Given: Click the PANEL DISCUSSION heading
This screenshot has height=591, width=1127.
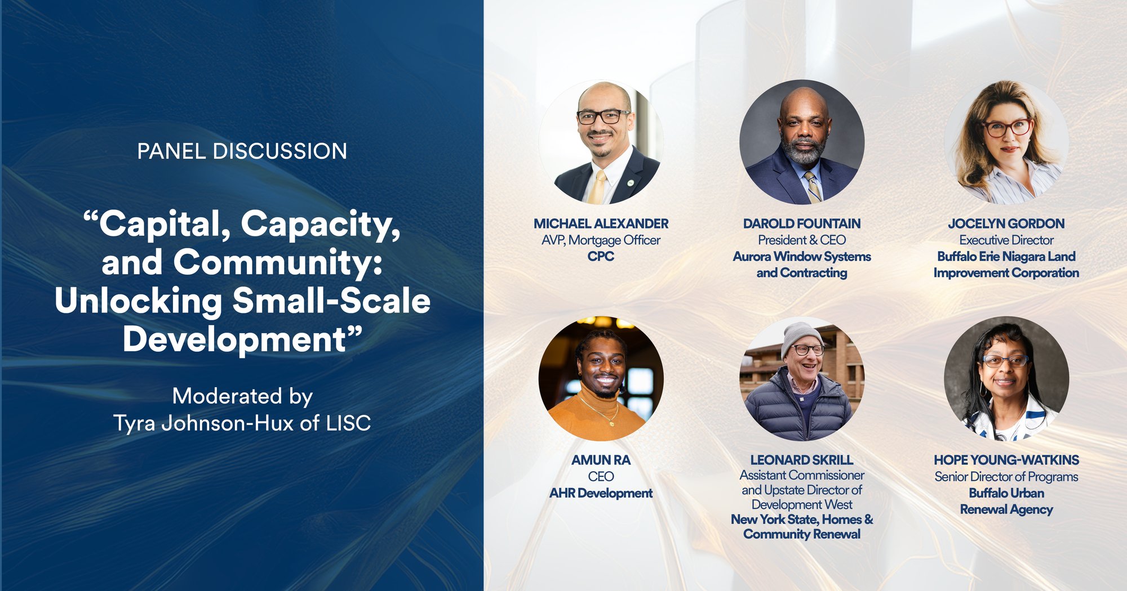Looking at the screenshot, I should click(242, 151).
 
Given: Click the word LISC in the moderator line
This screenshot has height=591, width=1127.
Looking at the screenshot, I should click(348, 423).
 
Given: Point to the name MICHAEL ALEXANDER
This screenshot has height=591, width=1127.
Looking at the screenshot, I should click(601, 223).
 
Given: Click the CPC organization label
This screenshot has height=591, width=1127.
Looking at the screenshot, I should click(601, 256).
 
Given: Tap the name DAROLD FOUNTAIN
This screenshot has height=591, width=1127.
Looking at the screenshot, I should click(801, 223).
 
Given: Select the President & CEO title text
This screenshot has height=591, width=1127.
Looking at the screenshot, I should click(801, 240).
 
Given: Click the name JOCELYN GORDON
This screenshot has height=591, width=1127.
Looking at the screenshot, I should click(1006, 223).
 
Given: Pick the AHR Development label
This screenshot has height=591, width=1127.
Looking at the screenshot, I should click(601, 493).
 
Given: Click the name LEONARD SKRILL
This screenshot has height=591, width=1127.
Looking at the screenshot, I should click(801, 460).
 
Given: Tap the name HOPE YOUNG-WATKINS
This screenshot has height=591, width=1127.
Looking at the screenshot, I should click(1006, 460).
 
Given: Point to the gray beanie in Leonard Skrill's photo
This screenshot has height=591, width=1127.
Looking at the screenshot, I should click(800, 335).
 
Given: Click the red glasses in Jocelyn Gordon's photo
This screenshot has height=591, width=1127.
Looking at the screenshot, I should click(1007, 128).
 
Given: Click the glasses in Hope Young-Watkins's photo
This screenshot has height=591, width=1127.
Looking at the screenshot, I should click(1005, 361).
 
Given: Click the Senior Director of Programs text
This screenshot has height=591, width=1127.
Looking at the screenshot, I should click(1006, 477).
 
